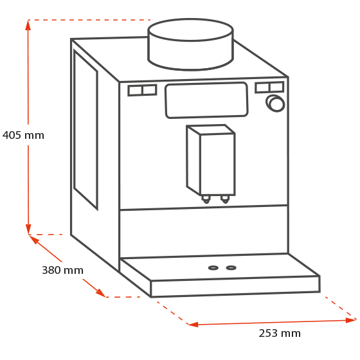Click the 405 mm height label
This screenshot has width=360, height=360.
pos(23,135)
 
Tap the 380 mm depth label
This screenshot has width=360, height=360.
pos(62,270)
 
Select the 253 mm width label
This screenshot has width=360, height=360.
pos(280,333)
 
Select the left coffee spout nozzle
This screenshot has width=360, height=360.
pos(206,199)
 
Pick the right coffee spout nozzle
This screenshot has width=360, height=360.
pos(225,199)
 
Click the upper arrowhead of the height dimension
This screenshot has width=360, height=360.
pos(28,25)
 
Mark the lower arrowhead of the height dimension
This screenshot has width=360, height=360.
pos(28,229)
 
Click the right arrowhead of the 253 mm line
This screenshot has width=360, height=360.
pos(351,320)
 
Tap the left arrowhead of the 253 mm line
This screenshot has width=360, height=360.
pos(193,325)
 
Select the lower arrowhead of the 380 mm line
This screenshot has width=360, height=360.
pos(101,293)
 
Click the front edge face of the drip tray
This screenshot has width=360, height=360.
pos(235,287)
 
